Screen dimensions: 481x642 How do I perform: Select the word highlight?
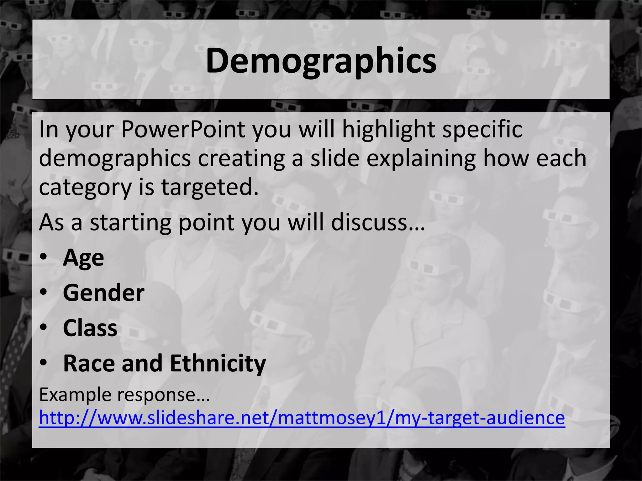click(388, 129)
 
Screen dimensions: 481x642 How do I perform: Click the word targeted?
click(210, 187)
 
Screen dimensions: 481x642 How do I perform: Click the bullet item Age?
click(83, 258)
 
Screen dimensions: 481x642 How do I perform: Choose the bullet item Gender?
click(103, 293)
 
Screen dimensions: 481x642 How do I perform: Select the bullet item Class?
click(90, 328)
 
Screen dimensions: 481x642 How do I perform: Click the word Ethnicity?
click(218, 363)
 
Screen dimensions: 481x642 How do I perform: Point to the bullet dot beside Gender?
click(44, 292)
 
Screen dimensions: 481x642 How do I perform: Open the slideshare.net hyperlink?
click(302, 418)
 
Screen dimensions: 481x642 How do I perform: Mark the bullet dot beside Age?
click(44, 257)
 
